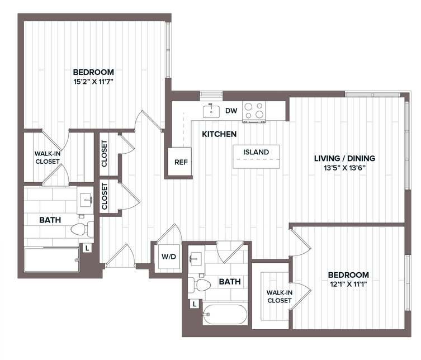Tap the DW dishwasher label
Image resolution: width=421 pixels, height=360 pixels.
click(231, 111)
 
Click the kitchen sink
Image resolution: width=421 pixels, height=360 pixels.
click(211, 111)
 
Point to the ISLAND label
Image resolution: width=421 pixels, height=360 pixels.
click(256, 152)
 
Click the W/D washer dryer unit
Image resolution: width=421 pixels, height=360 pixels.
click(169, 257)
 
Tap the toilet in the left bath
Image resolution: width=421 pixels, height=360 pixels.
click(82, 229)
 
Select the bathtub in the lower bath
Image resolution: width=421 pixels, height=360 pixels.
click(225, 314)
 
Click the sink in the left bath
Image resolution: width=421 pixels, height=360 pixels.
click(86, 200)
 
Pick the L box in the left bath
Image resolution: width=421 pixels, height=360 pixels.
click(87, 248)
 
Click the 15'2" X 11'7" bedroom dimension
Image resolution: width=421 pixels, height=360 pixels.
click(93, 82)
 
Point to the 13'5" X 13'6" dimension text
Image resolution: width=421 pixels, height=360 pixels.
click(345, 168)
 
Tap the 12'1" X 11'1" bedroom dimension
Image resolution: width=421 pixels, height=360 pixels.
click(348, 284)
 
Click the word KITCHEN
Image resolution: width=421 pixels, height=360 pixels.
click(219, 134)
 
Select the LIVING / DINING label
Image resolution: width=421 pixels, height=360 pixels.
click(345, 158)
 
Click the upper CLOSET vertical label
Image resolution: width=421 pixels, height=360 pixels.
click(104, 154)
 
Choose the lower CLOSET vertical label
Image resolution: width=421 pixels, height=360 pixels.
click(105, 196)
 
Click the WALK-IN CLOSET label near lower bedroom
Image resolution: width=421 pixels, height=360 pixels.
click(279, 297)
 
